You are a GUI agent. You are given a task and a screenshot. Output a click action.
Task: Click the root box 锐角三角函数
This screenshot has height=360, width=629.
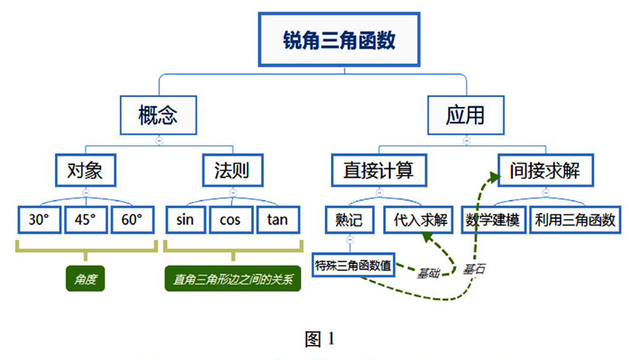[339, 39]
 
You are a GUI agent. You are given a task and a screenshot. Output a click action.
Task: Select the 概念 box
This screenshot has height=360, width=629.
[159, 115]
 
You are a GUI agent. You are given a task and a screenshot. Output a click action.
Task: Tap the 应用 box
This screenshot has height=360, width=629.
[465, 115]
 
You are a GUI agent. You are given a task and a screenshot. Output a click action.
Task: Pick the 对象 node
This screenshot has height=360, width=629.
[86, 171]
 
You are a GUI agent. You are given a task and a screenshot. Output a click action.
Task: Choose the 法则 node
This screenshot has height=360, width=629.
[233, 171]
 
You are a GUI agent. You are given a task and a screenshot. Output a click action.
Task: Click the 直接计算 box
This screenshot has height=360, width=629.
[379, 171]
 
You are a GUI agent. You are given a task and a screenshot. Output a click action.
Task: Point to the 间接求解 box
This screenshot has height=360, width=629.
[546, 171]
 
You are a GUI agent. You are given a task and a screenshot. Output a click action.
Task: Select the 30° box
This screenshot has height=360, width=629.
[39, 219]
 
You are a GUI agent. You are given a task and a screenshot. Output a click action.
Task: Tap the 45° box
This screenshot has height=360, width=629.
[86, 219]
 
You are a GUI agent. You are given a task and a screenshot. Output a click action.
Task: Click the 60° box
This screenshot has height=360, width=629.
[132, 219]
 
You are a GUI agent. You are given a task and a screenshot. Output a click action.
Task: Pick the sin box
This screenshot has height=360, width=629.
[186, 219]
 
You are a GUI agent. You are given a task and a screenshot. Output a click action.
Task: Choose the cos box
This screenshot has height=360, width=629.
[230, 219]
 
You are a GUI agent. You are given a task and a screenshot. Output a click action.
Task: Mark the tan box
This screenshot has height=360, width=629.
[278, 219]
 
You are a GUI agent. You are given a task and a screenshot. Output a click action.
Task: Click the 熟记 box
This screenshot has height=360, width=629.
[349, 219]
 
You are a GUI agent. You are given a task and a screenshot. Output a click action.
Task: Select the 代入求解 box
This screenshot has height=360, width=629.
[418, 219]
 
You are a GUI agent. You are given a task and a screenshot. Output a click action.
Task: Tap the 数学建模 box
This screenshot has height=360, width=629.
[493, 219]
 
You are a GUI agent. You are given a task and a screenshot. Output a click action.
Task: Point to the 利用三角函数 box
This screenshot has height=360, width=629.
[576, 219]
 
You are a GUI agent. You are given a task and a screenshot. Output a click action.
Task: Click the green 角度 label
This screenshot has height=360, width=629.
[86, 278]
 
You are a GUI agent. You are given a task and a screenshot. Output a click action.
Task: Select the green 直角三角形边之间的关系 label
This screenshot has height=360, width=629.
[233, 278]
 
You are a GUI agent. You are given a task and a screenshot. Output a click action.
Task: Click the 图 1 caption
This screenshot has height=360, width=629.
[320, 339]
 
